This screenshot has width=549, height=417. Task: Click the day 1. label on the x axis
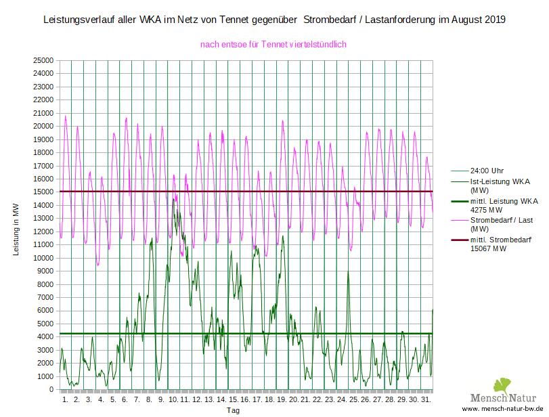[x=65, y=400]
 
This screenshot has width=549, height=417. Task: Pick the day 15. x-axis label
[x=233, y=400]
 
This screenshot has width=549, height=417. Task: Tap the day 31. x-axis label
[x=426, y=400]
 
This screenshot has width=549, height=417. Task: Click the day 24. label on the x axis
[x=341, y=400]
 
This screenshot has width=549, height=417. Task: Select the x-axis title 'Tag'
[x=233, y=411]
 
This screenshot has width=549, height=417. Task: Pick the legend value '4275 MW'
[x=487, y=210]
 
